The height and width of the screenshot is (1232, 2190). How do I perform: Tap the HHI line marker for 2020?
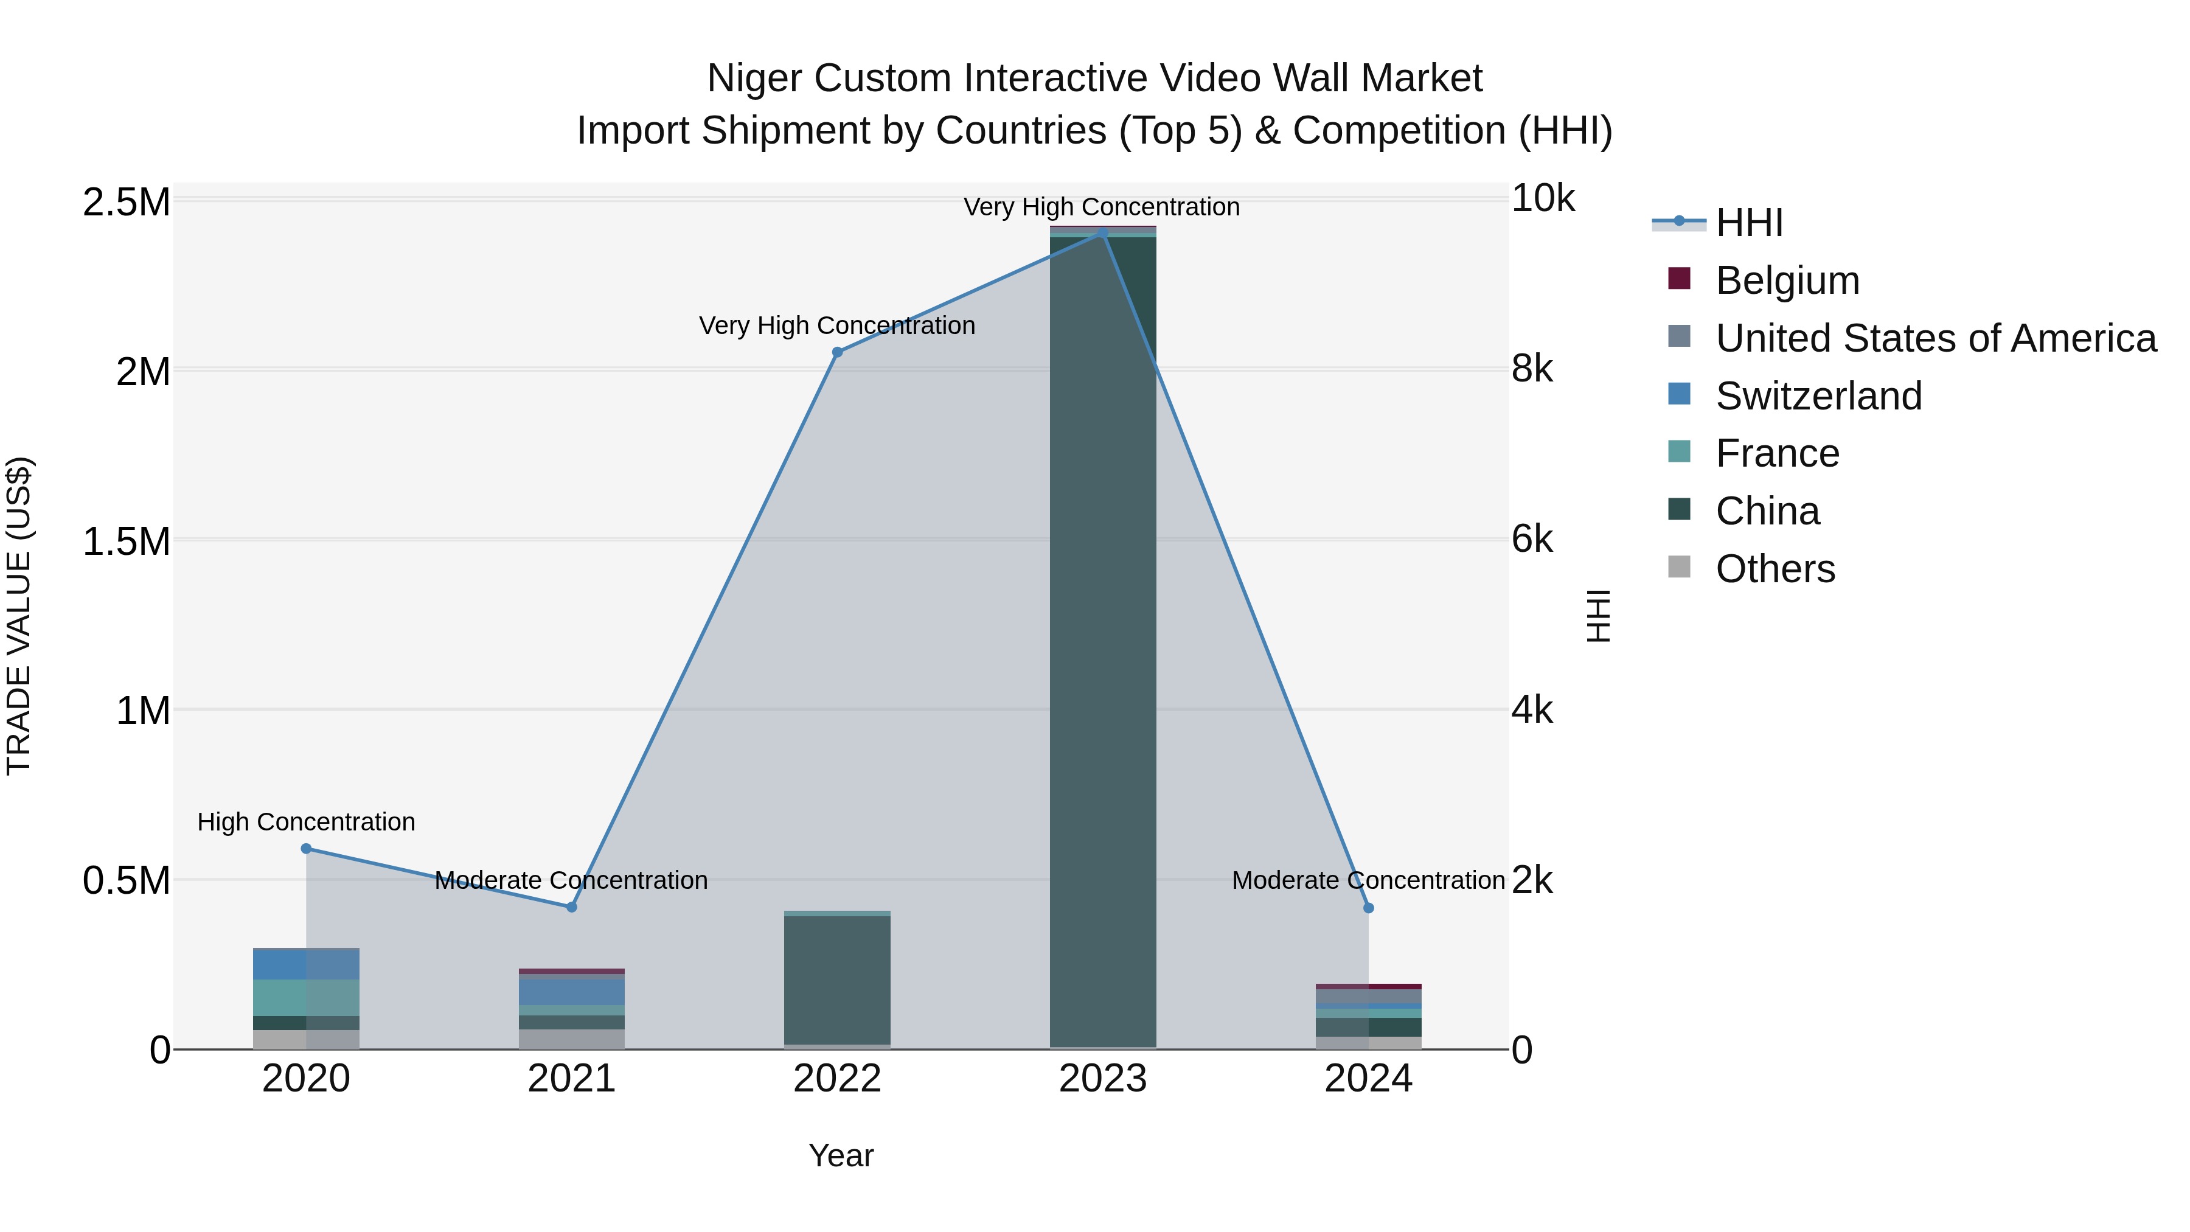306,849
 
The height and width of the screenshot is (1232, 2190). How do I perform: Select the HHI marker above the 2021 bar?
571,907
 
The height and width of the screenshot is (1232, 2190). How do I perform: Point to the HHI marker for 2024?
1368,908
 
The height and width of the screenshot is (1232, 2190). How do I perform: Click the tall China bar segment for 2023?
1103,638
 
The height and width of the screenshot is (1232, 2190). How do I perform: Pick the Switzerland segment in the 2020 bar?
306,964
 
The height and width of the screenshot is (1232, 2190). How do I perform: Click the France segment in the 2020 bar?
306,997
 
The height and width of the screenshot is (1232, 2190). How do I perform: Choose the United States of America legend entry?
1935,338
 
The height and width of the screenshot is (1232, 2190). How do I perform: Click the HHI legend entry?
1749,223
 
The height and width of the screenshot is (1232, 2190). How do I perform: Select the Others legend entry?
1775,569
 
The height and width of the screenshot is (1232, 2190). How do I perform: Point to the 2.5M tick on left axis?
126,203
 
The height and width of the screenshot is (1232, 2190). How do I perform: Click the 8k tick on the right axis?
1531,369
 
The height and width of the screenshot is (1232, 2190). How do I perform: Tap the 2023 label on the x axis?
1103,1079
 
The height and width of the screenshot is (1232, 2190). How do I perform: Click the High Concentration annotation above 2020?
306,822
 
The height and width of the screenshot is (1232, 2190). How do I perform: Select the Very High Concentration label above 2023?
1101,207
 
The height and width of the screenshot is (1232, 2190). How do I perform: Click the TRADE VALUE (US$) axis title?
19,616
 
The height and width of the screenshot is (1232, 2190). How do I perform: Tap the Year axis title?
840,1155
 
